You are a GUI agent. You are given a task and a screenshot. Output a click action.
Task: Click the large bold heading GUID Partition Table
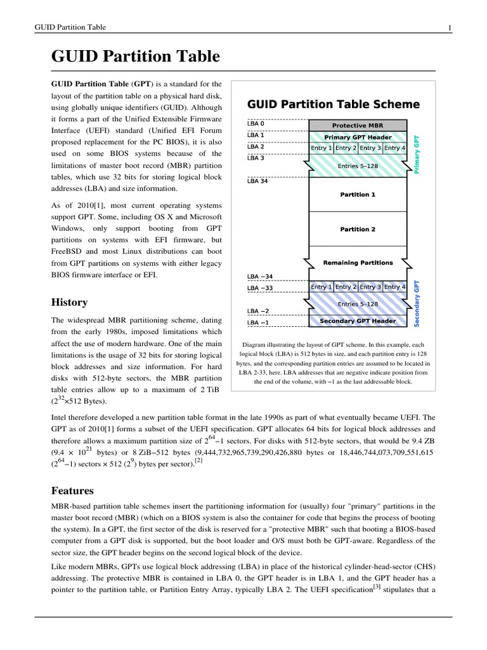(135, 57)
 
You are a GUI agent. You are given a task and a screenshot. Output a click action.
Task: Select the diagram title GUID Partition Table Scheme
(333, 104)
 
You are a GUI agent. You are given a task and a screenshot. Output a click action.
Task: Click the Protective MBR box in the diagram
(358, 125)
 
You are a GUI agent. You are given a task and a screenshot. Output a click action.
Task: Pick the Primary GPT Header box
(358, 137)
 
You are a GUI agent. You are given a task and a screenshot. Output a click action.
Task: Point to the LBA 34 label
(257, 181)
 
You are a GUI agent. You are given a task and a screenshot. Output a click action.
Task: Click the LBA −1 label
(257, 322)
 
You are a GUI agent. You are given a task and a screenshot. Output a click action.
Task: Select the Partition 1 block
(358, 194)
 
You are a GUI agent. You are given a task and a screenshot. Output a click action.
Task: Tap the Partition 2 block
(358, 229)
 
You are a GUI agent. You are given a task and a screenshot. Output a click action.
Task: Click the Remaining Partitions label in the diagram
(358, 262)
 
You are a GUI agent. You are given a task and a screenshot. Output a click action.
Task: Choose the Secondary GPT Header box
(358, 321)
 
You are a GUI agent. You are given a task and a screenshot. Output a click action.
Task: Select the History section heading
(69, 302)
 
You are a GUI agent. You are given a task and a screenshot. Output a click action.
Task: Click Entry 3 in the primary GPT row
(370, 148)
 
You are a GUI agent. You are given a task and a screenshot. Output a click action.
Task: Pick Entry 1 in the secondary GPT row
(321, 287)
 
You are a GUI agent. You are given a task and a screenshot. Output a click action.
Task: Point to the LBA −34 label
(259, 277)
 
